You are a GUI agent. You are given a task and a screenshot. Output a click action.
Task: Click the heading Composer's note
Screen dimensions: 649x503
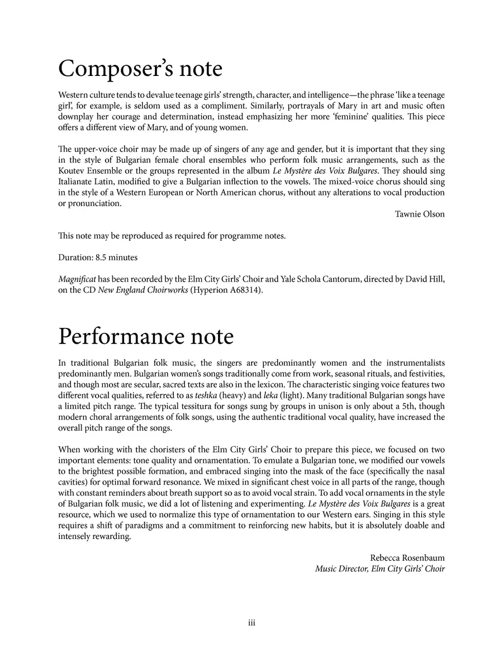[x=140, y=69]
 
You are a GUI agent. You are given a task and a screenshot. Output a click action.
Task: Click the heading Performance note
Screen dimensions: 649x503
[x=146, y=337]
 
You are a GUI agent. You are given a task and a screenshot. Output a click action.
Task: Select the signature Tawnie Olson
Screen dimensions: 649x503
[x=420, y=214]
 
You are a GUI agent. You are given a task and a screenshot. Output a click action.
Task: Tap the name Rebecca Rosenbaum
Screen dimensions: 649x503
[x=407, y=558]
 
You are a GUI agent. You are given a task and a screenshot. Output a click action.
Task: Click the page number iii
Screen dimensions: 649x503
[x=251, y=623]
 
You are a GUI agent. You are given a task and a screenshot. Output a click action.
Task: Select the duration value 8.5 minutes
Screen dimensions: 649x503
[x=116, y=257]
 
